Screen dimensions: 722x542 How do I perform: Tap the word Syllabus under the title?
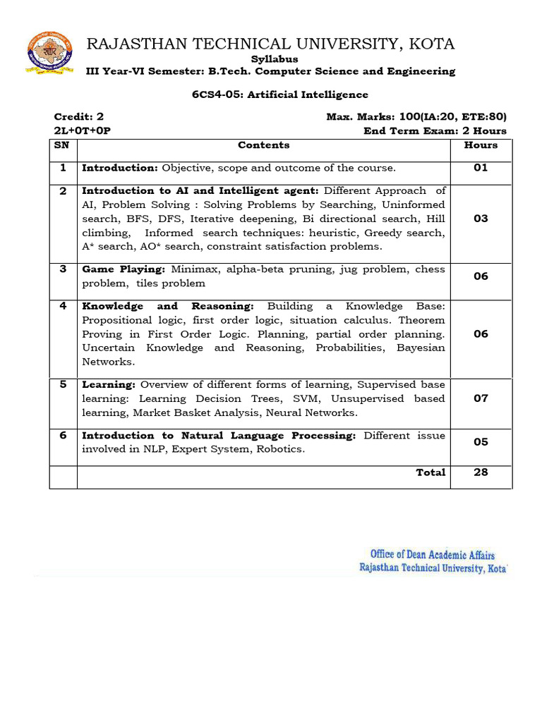pyautogui.click(x=275, y=59)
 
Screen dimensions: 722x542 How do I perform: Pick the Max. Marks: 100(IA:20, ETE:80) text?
pyautogui.click(x=416, y=117)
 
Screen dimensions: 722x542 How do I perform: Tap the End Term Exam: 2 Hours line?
pyautogui.click(x=435, y=130)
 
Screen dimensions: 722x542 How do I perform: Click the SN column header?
pyautogui.click(x=62, y=145)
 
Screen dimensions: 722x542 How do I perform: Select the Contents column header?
pyautogui.click(x=263, y=145)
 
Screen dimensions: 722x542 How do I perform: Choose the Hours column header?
pyautogui.click(x=481, y=145)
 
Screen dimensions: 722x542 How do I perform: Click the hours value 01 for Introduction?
pyautogui.click(x=481, y=168)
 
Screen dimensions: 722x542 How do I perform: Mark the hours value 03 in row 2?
pyautogui.click(x=481, y=219)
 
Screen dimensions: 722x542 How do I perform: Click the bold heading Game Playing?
pyautogui.click(x=124, y=269)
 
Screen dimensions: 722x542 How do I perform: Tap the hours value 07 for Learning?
pyautogui.click(x=481, y=398)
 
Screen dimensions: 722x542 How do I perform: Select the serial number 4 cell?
pyautogui.click(x=63, y=306)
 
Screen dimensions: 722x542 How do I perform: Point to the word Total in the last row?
pyautogui.click(x=430, y=472)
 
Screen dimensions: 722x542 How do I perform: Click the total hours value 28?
pyautogui.click(x=481, y=472)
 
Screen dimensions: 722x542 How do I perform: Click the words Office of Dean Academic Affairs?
pyautogui.click(x=433, y=554)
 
